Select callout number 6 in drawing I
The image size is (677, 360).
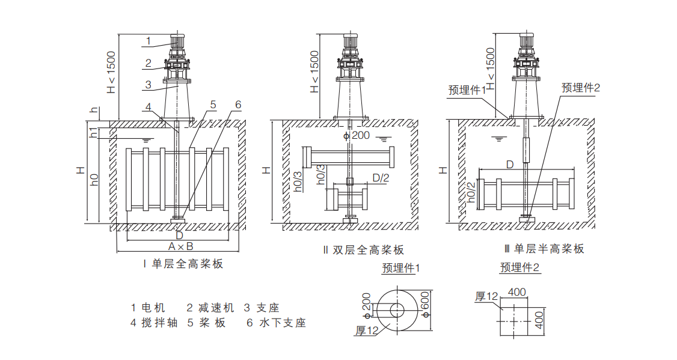(237, 105)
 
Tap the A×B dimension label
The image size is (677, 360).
(180, 247)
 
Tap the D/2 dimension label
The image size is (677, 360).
(381, 177)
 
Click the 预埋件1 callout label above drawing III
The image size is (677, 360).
(467, 90)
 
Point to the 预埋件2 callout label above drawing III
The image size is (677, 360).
(581, 88)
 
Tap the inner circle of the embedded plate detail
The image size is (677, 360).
(397, 310)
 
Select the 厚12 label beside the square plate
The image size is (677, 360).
(487, 296)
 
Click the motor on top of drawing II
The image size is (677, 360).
(350, 43)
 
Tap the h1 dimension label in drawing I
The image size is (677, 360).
(93, 133)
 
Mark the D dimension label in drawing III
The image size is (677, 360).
(509, 164)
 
